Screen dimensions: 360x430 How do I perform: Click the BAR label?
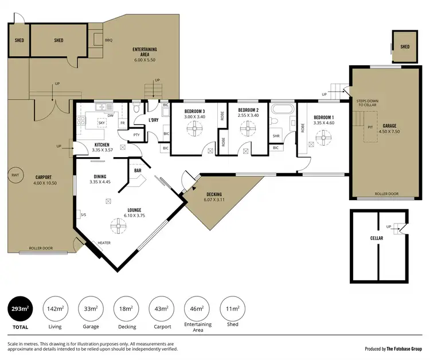coord(138,170)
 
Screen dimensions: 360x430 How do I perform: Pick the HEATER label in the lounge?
coord(104,242)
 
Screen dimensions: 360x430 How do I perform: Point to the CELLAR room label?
coord(376,237)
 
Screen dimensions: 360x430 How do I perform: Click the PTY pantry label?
coord(136,135)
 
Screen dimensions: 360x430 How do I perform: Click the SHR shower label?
coord(275,136)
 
